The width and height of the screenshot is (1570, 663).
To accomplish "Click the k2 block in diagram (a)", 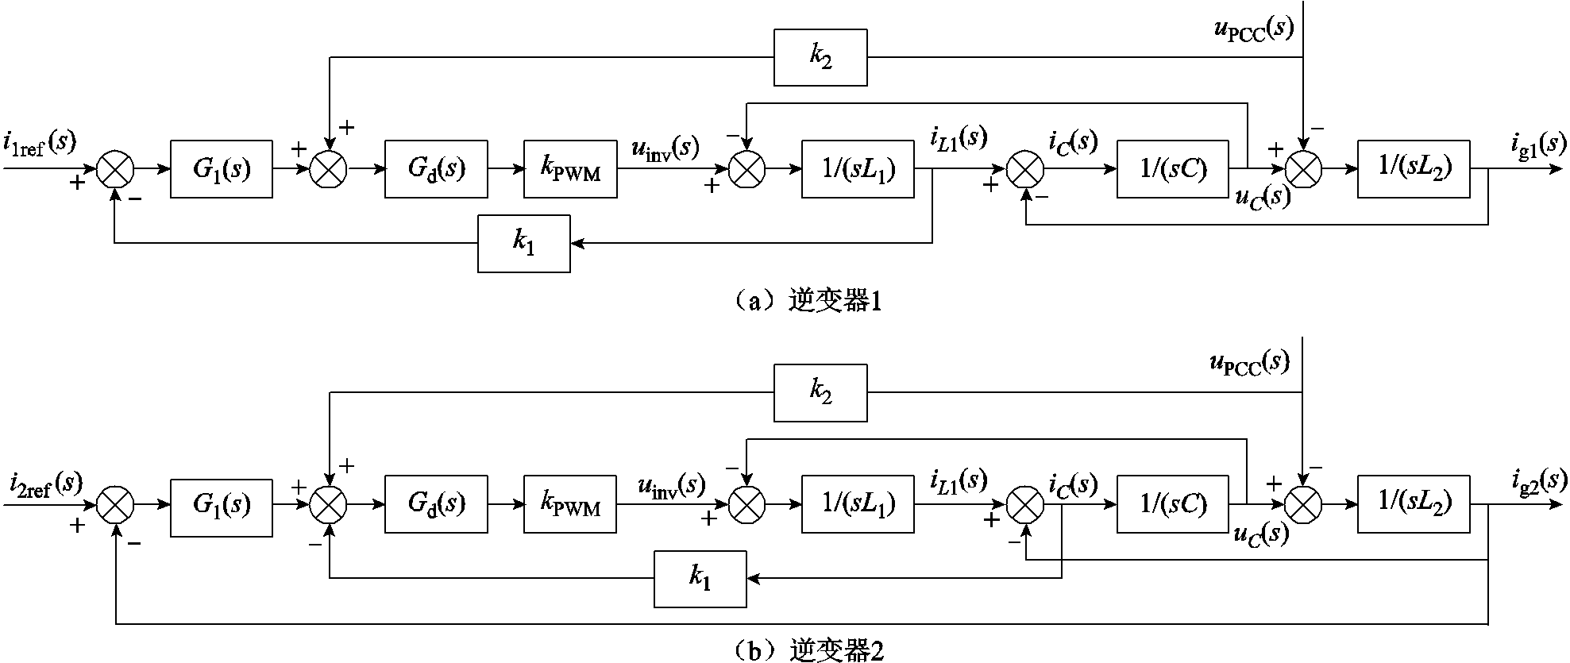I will [x=820, y=58].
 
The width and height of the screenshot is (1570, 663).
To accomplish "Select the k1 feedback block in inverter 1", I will [x=523, y=244].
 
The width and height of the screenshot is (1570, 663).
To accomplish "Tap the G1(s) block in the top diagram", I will [x=221, y=169].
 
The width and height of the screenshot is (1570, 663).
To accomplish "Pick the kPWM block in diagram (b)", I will [x=569, y=504].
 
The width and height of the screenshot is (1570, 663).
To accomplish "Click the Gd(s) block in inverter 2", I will [x=436, y=504].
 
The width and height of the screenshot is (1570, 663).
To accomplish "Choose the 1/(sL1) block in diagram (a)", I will [x=858, y=169].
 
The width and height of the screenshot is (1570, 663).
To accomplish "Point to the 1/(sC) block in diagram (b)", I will [x=1172, y=504].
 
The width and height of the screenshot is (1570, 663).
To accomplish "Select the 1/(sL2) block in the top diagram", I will [x=1414, y=169].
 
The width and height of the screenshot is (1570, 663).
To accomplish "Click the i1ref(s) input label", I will [x=40, y=144].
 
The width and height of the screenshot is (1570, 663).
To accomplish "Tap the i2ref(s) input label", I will [x=46, y=484].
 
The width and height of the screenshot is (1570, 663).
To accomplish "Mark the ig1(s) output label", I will [x=1538, y=144].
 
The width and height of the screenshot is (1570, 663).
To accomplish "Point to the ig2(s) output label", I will [x=1538, y=480].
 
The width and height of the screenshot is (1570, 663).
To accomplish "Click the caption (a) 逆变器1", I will [x=805, y=303].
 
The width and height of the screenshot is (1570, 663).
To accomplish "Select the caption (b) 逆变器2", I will [x=805, y=650].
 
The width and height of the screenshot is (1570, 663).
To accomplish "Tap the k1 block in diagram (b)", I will [x=700, y=579].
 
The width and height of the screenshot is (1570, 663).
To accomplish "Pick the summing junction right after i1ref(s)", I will [x=115, y=169].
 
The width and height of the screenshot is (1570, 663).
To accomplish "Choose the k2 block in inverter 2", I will [x=820, y=393].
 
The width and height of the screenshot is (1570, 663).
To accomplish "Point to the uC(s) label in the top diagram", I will [x=1262, y=198].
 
